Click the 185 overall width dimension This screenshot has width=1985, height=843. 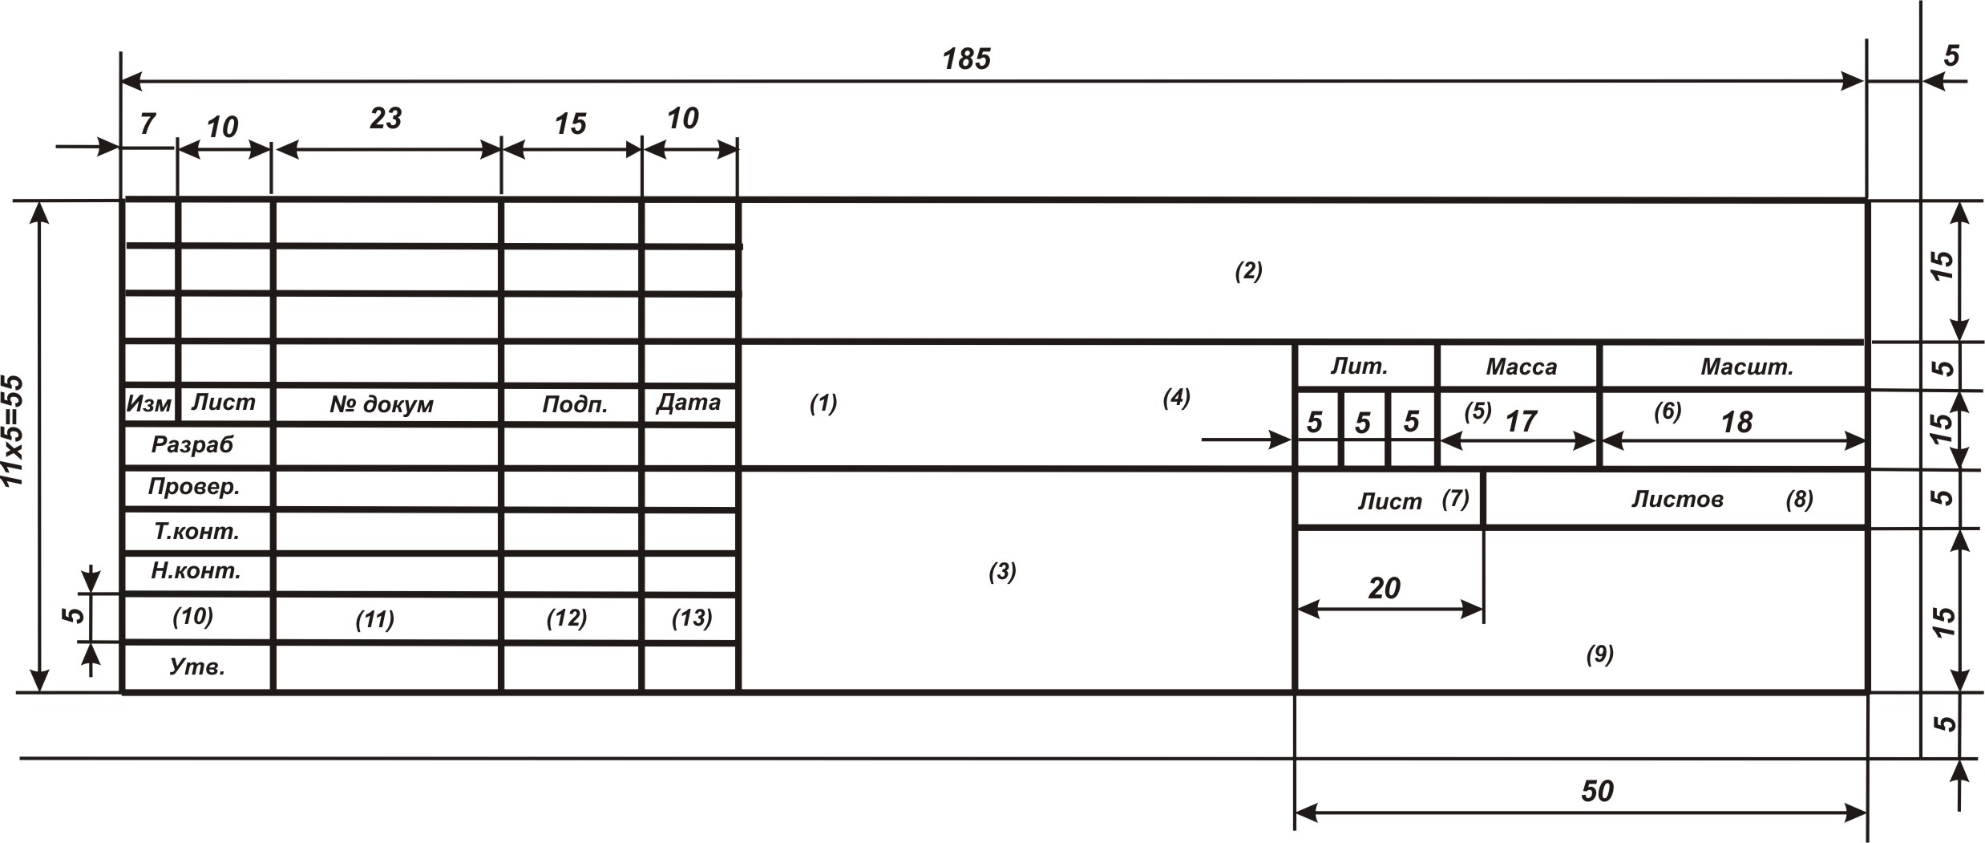pyautogui.click(x=966, y=59)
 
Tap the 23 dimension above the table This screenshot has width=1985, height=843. pyautogui.click(x=385, y=119)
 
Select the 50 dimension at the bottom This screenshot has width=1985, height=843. pyautogui.click(x=1596, y=791)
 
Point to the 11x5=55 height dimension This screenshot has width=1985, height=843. pyautogui.click(x=14, y=431)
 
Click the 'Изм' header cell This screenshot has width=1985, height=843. pyautogui.click(x=148, y=403)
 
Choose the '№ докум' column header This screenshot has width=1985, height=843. pyautogui.click(x=382, y=404)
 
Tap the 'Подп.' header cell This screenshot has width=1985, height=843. pyautogui.click(x=574, y=404)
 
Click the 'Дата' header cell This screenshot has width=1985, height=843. pyautogui.click(x=688, y=403)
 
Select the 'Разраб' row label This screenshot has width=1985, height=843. pyautogui.click(x=192, y=444)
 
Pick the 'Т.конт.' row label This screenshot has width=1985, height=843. pyautogui.click(x=196, y=531)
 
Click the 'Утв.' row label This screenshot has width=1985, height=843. pyautogui.click(x=197, y=667)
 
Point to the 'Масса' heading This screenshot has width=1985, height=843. pyautogui.click(x=1521, y=367)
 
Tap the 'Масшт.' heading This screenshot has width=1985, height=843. pyautogui.click(x=1746, y=367)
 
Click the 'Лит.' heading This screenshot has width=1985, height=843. pyautogui.click(x=1359, y=367)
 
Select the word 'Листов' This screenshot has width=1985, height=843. pyautogui.click(x=1677, y=500)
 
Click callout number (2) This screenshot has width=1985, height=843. pyautogui.click(x=1248, y=271)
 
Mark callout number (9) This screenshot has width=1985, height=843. pyautogui.click(x=1599, y=655)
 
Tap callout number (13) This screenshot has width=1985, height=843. pyautogui.click(x=691, y=618)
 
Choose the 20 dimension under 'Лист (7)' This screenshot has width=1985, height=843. pyautogui.click(x=1384, y=589)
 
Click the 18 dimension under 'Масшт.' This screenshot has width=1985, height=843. pyautogui.click(x=1736, y=423)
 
